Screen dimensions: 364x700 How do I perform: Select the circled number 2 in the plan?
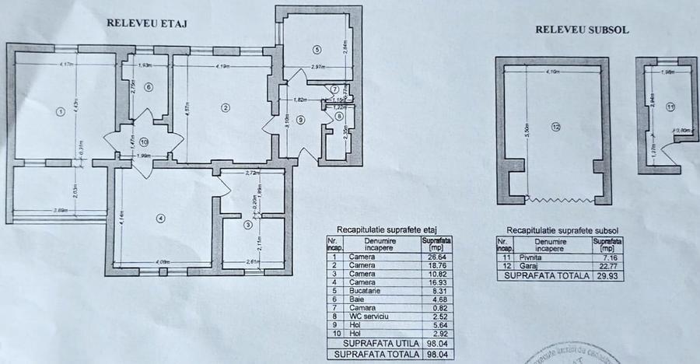tap(225, 108)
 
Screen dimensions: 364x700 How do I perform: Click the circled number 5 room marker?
tap(317, 50)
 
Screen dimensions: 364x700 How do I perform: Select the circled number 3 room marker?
tap(248, 226)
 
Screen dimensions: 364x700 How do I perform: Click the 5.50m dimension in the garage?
tap(527, 128)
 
